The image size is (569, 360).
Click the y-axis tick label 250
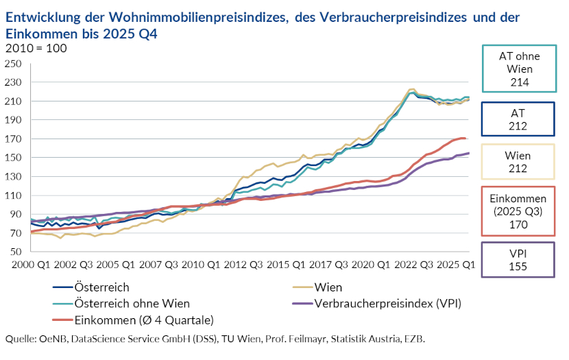pos(14,64)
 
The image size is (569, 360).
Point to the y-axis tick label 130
pos(14,176)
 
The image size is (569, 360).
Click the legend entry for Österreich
pos(101,288)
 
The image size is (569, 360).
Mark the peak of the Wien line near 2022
pos(412,88)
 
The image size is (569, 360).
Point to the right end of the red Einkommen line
pos(465,139)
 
